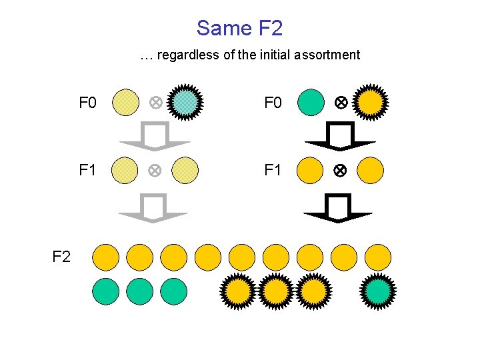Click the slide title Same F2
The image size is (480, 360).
[x=239, y=28]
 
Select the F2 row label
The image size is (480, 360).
[x=61, y=257]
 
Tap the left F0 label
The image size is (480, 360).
[x=87, y=103]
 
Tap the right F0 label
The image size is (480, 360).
[x=273, y=103]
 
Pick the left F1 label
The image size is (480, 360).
[x=87, y=170]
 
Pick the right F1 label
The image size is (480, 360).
[x=273, y=170]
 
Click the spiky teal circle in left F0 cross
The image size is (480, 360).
[x=184, y=103]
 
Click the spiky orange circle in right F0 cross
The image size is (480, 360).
[x=371, y=103]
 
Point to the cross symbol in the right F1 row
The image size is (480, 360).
[x=339, y=170]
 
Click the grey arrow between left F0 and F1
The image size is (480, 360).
[x=154, y=136]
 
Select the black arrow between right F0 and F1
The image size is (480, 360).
[x=339, y=136]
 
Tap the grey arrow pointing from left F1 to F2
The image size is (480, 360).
[x=153, y=207]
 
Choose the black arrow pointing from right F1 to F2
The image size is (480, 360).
[x=338, y=207]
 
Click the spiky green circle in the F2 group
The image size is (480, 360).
[x=378, y=291]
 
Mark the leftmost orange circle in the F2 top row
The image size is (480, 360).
[x=105, y=257]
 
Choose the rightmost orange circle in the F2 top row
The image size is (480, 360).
[x=378, y=257]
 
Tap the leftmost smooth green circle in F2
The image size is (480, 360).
[x=105, y=291]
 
